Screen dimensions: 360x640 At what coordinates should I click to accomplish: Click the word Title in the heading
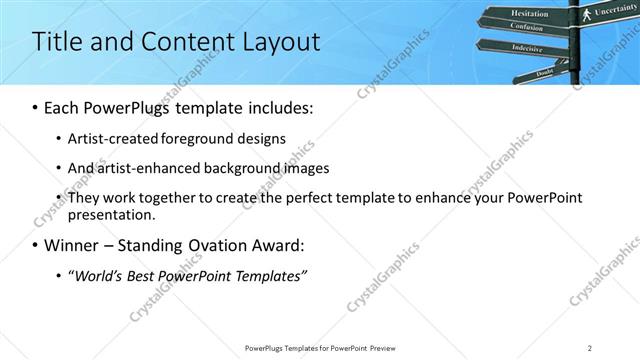click(x=57, y=42)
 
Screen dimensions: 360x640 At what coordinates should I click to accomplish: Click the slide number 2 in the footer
click(x=590, y=348)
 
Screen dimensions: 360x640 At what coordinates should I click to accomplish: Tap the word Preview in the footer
click(x=389, y=348)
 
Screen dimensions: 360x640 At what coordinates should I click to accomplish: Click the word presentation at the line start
click(x=111, y=215)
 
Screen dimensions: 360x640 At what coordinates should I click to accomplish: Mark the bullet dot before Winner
click(x=35, y=246)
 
